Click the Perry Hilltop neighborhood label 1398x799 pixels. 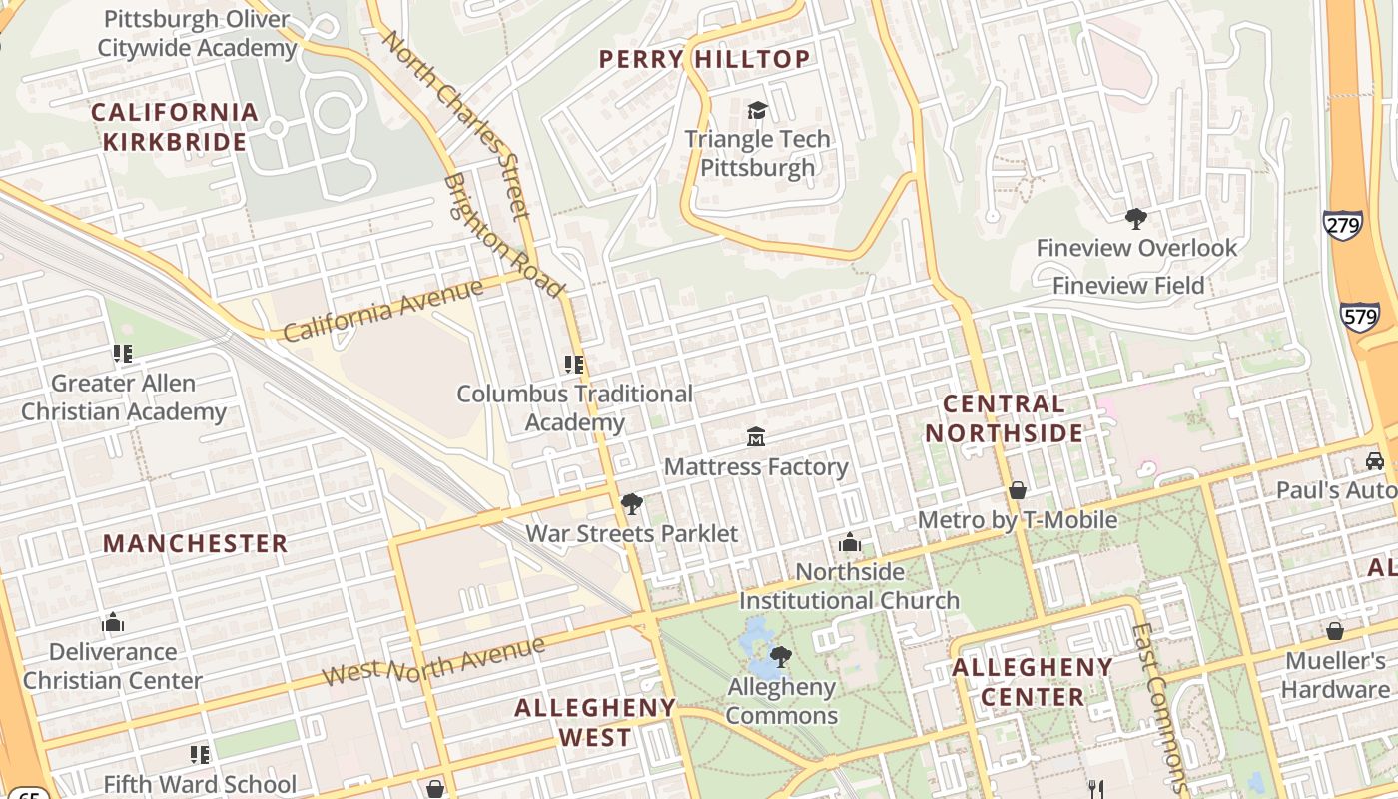pyautogui.click(x=704, y=59)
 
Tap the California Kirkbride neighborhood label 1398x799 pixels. pyautogui.click(x=175, y=127)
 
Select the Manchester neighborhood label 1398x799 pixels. pyautogui.click(x=196, y=544)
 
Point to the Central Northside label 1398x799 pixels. pyautogui.click(x=1004, y=418)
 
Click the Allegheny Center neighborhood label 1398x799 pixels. pyautogui.click(x=1032, y=682)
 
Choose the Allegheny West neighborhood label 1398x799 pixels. pyautogui.click(x=595, y=723)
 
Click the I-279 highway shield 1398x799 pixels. pyautogui.click(x=1342, y=225)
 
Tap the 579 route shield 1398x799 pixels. pyautogui.click(x=1360, y=317)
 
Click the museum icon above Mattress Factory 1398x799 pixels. pyautogui.click(x=756, y=437)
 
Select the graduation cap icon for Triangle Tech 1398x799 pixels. pyautogui.click(x=757, y=110)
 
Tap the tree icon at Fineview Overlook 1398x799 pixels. pyautogui.click(x=1135, y=218)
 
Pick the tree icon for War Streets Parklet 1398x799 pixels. pyautogui.click(x=631, y=504)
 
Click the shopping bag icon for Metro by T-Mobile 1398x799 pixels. pyautogui.click(x=1017, y=490)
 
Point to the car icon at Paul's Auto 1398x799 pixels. pyautogui.click(x=1374, y=461)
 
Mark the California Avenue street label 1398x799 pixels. pyautogui.click(x=383, y=310)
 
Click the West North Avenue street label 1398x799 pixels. pyautogui.click(x=433, y=661)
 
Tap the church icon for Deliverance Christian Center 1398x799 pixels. pyautogui.click(x=113, y=623)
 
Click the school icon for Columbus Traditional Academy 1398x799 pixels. pyautogui.click(x=574, y=365)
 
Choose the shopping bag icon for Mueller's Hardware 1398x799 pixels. pyautogui.click(x=1334, y=631)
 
